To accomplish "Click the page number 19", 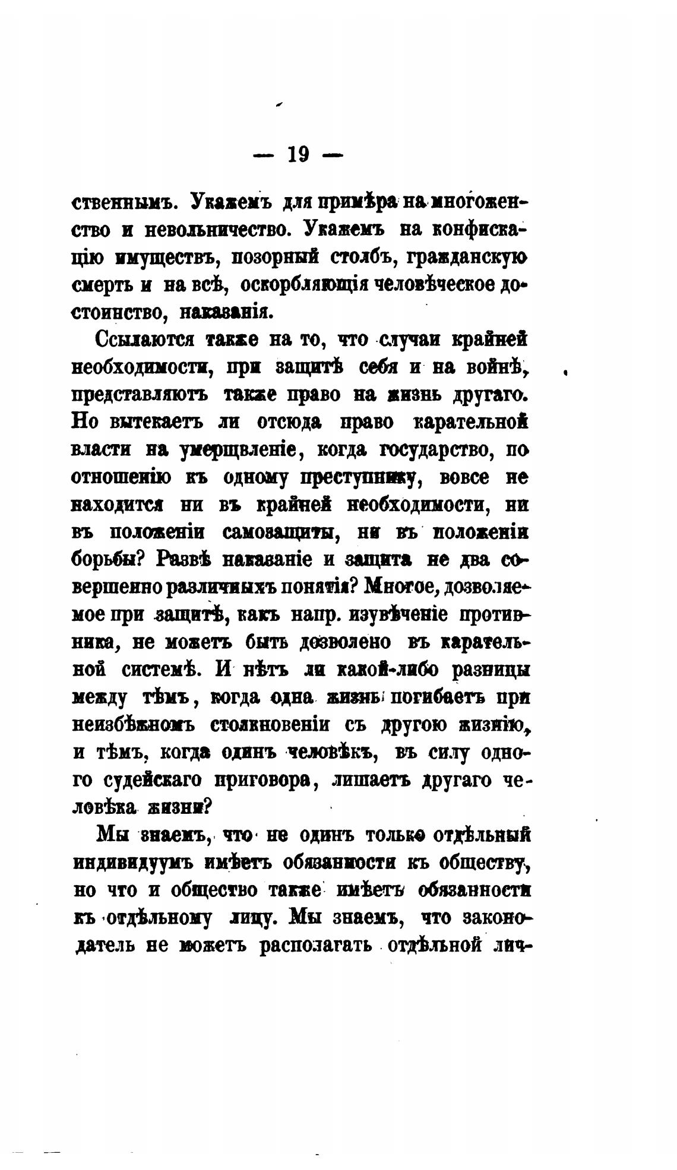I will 298,155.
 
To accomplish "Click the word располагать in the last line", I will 316,945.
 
